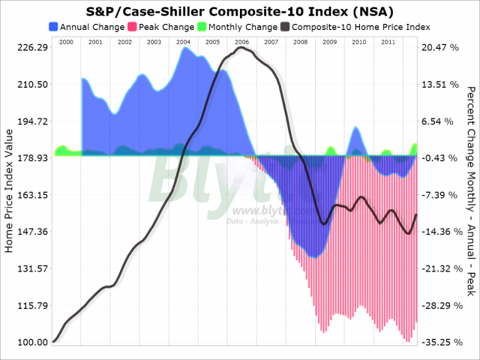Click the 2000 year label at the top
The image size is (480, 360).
point(66,41)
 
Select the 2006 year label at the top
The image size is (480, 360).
point(241,41)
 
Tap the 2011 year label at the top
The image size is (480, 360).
point(387,41)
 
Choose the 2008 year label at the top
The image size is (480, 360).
point(299,41)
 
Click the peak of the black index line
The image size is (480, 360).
point(240,48)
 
